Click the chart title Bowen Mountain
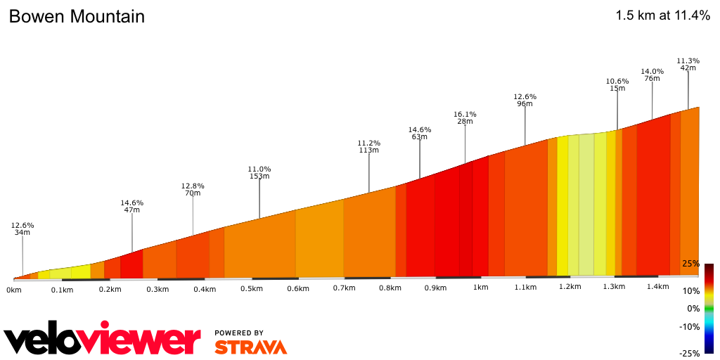pos(77,17)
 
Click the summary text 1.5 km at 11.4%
pos(662,15)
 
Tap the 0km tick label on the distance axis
pos(14,290)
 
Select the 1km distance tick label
pos(481,288)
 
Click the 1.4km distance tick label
pos(657,286)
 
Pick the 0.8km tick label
pos(390,288)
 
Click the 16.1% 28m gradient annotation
pos(465,117)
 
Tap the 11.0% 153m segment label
pos(259,172)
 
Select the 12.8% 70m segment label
pos(193,189)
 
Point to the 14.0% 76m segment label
pos(652,75)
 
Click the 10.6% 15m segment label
pos(617,84)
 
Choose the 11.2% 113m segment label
pos(369,146)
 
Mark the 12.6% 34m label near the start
pos(22,229)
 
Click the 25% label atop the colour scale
pos(690,264)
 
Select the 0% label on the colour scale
pos(693,309)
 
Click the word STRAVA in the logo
pos(250,347)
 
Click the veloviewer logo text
pos(103,340)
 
